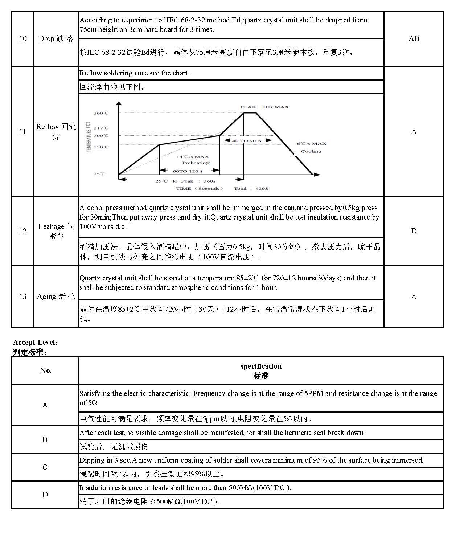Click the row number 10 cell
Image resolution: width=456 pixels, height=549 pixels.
23,39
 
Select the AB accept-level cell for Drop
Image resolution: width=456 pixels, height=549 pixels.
414,39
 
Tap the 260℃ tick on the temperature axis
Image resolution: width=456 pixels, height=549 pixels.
101,113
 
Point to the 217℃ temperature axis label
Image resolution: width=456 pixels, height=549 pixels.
101,128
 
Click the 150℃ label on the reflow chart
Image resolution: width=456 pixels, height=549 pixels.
101,147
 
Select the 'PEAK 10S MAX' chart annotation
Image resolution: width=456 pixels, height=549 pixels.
264,107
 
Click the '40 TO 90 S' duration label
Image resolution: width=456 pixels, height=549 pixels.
248,141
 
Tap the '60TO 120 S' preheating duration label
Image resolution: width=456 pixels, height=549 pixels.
188,171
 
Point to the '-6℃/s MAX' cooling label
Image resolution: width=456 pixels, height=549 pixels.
311,144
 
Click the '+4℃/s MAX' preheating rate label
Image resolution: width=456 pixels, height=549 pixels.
192,157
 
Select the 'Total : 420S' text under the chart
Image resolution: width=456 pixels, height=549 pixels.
251,189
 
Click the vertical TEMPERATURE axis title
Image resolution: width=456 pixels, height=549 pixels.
89,137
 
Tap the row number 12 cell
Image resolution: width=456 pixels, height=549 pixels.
23,231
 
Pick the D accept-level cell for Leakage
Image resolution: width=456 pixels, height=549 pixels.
414,231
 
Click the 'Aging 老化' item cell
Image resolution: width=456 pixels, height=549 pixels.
56,297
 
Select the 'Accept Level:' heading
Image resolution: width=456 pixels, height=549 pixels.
36,343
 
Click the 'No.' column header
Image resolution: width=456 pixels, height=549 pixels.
46,370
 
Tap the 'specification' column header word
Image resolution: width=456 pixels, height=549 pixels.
261,366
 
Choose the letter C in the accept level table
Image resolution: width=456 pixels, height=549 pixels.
45,467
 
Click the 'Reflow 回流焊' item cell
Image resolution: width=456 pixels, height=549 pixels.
56,131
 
